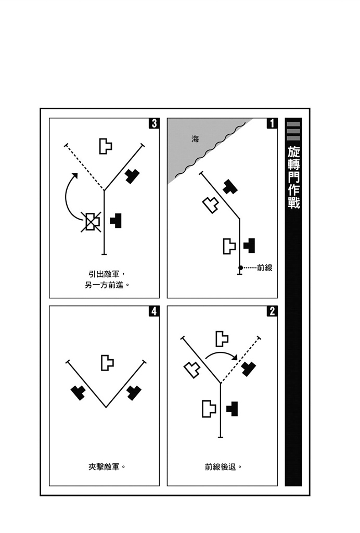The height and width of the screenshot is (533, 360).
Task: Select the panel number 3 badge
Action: [154, 123]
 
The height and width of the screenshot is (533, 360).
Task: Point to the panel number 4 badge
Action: [154, 311]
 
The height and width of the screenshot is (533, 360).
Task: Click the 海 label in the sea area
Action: [195, 138]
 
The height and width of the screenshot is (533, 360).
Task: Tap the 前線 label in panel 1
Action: [265, 268]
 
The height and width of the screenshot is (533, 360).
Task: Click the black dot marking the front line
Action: [240, 268]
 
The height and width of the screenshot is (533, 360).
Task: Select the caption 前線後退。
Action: [223, 467]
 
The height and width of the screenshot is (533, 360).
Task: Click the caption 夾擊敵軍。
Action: [107, 467]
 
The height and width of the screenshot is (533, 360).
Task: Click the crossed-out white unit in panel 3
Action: [91, 222]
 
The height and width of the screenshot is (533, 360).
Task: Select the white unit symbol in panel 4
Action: [107, 363]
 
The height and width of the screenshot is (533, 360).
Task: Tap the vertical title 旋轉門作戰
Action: [293, 178]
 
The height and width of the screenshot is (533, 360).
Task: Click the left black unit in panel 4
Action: [78, 392]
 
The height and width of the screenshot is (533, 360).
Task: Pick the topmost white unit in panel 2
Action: [222, 338]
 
